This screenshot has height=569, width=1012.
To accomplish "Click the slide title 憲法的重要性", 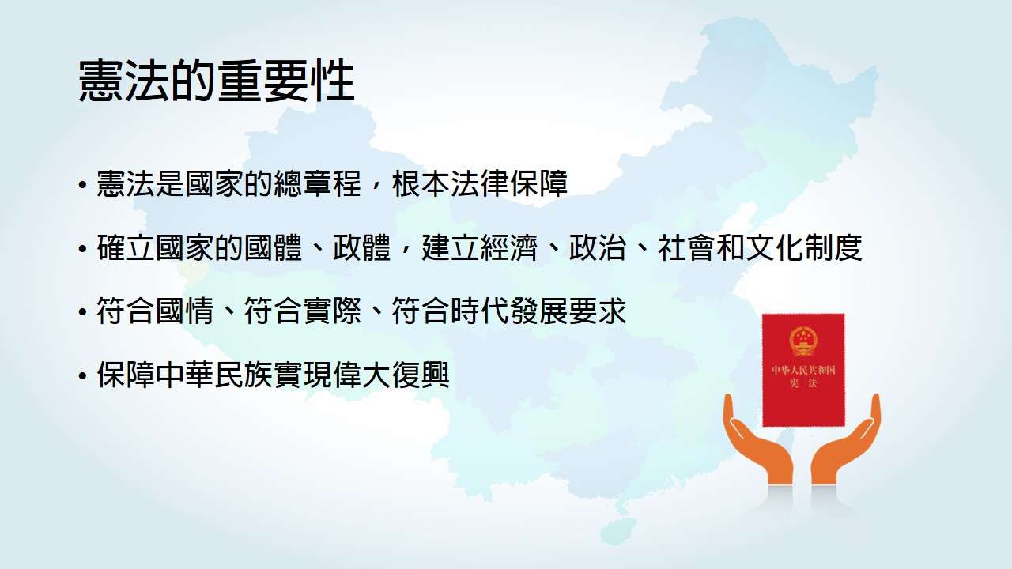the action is tap(217, 81).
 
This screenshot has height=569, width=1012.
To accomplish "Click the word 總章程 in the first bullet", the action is tap(318, 183).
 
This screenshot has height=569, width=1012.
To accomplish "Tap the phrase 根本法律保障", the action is tap(480, 183).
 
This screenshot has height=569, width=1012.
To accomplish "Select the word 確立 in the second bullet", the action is tap(126, 247).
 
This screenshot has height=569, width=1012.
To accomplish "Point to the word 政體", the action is tap(361, 247).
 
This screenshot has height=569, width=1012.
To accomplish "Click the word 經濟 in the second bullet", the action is tap(508, 247).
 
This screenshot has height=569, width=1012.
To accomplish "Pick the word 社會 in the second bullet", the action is tap(687, 247).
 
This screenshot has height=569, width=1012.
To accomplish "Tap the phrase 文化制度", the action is tap(804, 247).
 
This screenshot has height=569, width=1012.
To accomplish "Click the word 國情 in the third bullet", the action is tap(185, 311).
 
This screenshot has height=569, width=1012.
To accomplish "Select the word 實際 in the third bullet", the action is tap(332, 311).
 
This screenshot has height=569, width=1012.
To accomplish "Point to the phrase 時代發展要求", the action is tap(538, 311).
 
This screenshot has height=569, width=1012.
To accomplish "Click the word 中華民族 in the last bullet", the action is tap(214, 375).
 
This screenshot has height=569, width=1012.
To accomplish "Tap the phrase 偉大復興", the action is tap(391, 375).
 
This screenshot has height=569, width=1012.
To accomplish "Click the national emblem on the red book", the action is tap(803, 341).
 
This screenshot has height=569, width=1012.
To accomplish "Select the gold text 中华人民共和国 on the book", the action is tap(804, 371).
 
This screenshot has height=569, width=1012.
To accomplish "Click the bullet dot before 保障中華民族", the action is tap(81, 375).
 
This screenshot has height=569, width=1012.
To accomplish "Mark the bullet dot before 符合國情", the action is tap(81, 311).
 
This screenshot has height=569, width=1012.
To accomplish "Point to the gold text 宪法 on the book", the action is tap(804, 384).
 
